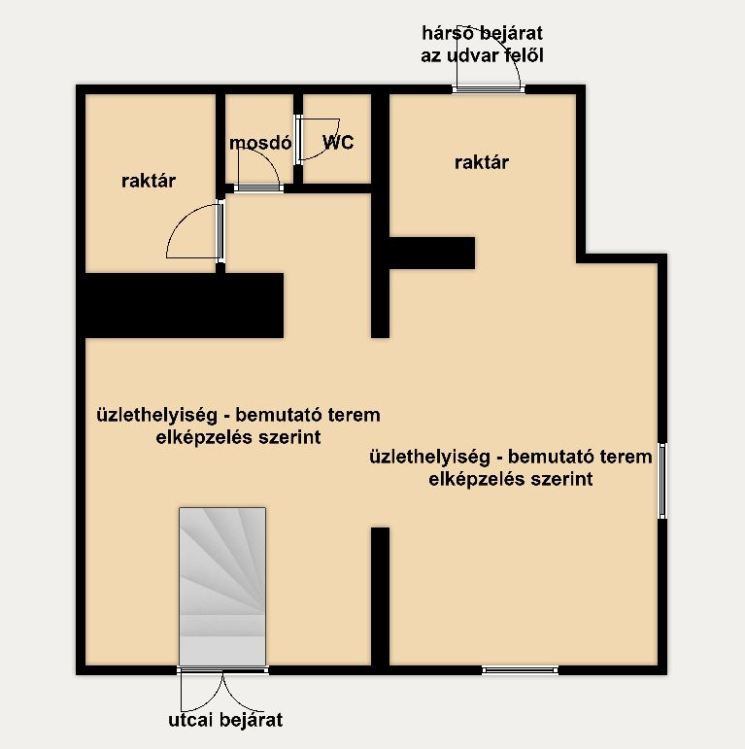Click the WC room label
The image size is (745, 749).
[338, 142]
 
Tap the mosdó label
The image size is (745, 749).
[260, 143]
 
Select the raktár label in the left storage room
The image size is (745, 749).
[149, 181]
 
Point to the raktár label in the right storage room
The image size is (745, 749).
[482, 162]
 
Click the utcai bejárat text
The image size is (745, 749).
[225, 720]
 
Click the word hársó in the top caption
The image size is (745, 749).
[448, 33]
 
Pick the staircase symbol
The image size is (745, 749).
[222, 586]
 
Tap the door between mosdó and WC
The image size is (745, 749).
[318, 140]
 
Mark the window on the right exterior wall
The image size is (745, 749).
[662, 481]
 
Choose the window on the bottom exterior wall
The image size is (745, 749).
[520, 670]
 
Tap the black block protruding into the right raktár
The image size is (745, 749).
[432, 253]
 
